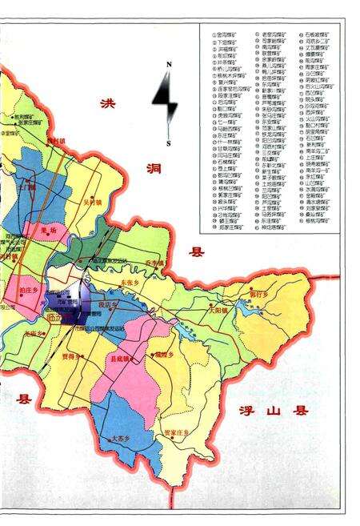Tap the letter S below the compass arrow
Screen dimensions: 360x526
pos(168,143)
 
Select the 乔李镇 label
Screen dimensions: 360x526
pos(159,261)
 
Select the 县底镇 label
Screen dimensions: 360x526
pos(122,359)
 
